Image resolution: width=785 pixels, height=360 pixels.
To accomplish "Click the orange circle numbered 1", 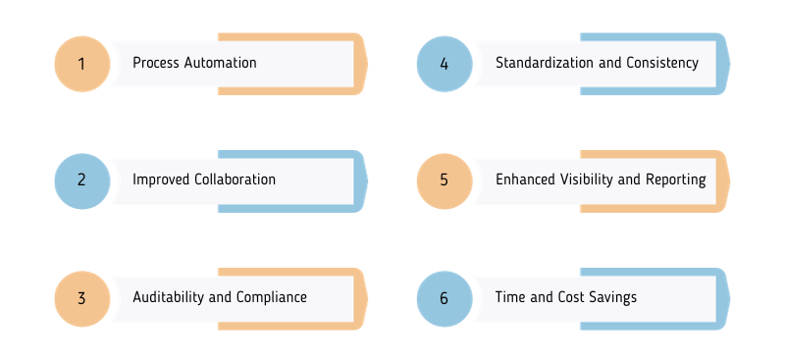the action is click(81, 64).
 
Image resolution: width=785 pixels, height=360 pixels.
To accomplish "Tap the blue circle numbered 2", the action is click(81, 180).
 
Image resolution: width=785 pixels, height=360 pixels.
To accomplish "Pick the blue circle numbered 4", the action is click(444, 64).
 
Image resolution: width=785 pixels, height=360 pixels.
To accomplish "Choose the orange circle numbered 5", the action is click(444, 180).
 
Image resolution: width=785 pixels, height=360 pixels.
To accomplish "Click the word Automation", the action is click(221, 63).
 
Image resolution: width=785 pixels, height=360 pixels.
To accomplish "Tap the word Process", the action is click(156, 63).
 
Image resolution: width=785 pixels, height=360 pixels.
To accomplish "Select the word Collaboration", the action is click(235, 180).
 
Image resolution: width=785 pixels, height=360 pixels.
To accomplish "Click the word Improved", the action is click(160, 180).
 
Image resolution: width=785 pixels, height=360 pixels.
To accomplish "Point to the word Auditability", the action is click(168, 297).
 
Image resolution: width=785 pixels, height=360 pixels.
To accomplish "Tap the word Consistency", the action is click(662, 63).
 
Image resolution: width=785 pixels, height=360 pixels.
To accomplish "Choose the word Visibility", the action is click(591, 180).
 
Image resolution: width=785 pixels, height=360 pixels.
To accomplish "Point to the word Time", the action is click(510, 297).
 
